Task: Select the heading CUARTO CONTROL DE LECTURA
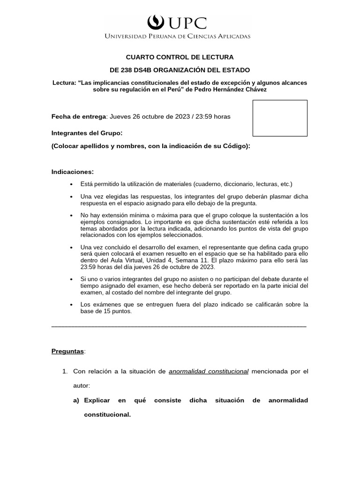(x=180, y=57)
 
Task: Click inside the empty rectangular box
(x=280, y=118)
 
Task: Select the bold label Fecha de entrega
(x=79, y=116)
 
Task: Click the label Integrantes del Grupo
(x=87, y=133)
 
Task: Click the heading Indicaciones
(x=73, y=172)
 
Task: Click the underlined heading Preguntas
(x=67, y=351)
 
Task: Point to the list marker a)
(x=76, y=400)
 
